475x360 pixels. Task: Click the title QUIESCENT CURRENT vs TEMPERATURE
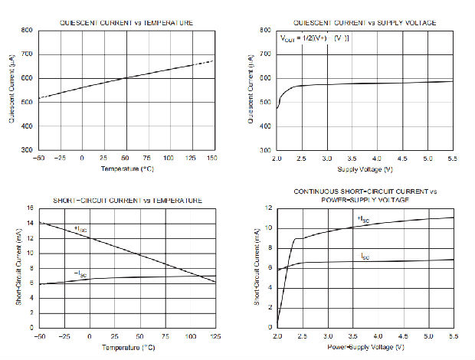(x=126, y=23)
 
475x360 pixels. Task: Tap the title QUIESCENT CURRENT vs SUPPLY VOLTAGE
(x=365, y=23)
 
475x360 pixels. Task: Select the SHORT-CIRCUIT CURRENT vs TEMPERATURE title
(x=126, y=201)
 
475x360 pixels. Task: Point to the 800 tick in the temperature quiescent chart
(x=27, y=31)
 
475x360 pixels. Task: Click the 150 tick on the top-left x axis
(x=212, y=158)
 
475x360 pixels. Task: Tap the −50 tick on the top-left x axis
(x=38, y=158)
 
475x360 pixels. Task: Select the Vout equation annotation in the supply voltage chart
(x=315, y=38)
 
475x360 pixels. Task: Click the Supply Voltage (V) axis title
(x=365, y=168)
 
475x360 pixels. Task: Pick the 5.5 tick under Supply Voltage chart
(x=452, y=158)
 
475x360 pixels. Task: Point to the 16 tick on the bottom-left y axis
(x=30, y=208)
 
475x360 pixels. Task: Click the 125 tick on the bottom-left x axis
(x=215, y=336)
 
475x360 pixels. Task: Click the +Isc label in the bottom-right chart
(x=363, y=218)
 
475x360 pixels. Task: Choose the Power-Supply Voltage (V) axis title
(x=365, y=346)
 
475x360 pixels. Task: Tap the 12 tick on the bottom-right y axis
(x=269, y=208)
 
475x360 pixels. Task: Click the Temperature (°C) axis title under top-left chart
(x=126, y=168)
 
